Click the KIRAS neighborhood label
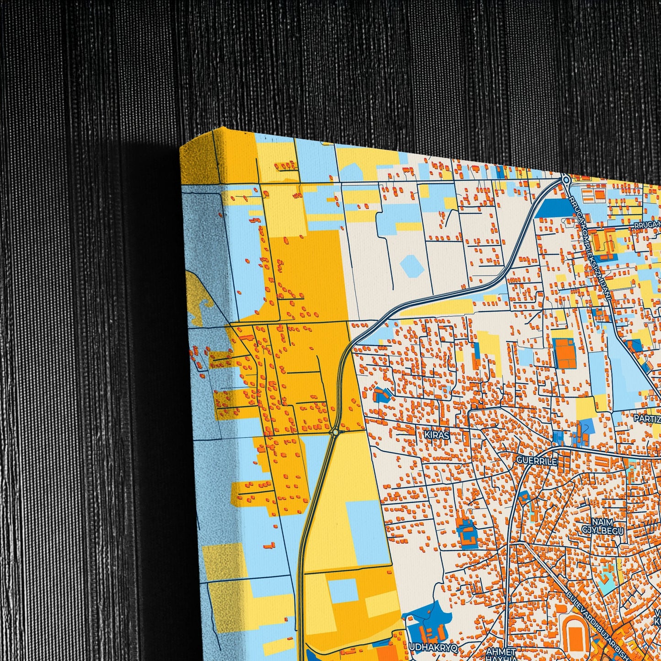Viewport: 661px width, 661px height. (436, 435)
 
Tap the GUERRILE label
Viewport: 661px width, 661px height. (537, 461)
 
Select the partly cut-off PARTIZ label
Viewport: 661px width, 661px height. (647, 418)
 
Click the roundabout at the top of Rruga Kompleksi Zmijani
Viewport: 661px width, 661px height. (566, 180)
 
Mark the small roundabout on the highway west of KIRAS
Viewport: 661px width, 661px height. (336, 432)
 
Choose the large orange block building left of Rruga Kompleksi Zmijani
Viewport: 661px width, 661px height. (565, 354)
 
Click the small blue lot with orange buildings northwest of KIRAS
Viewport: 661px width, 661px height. (381, 394)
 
